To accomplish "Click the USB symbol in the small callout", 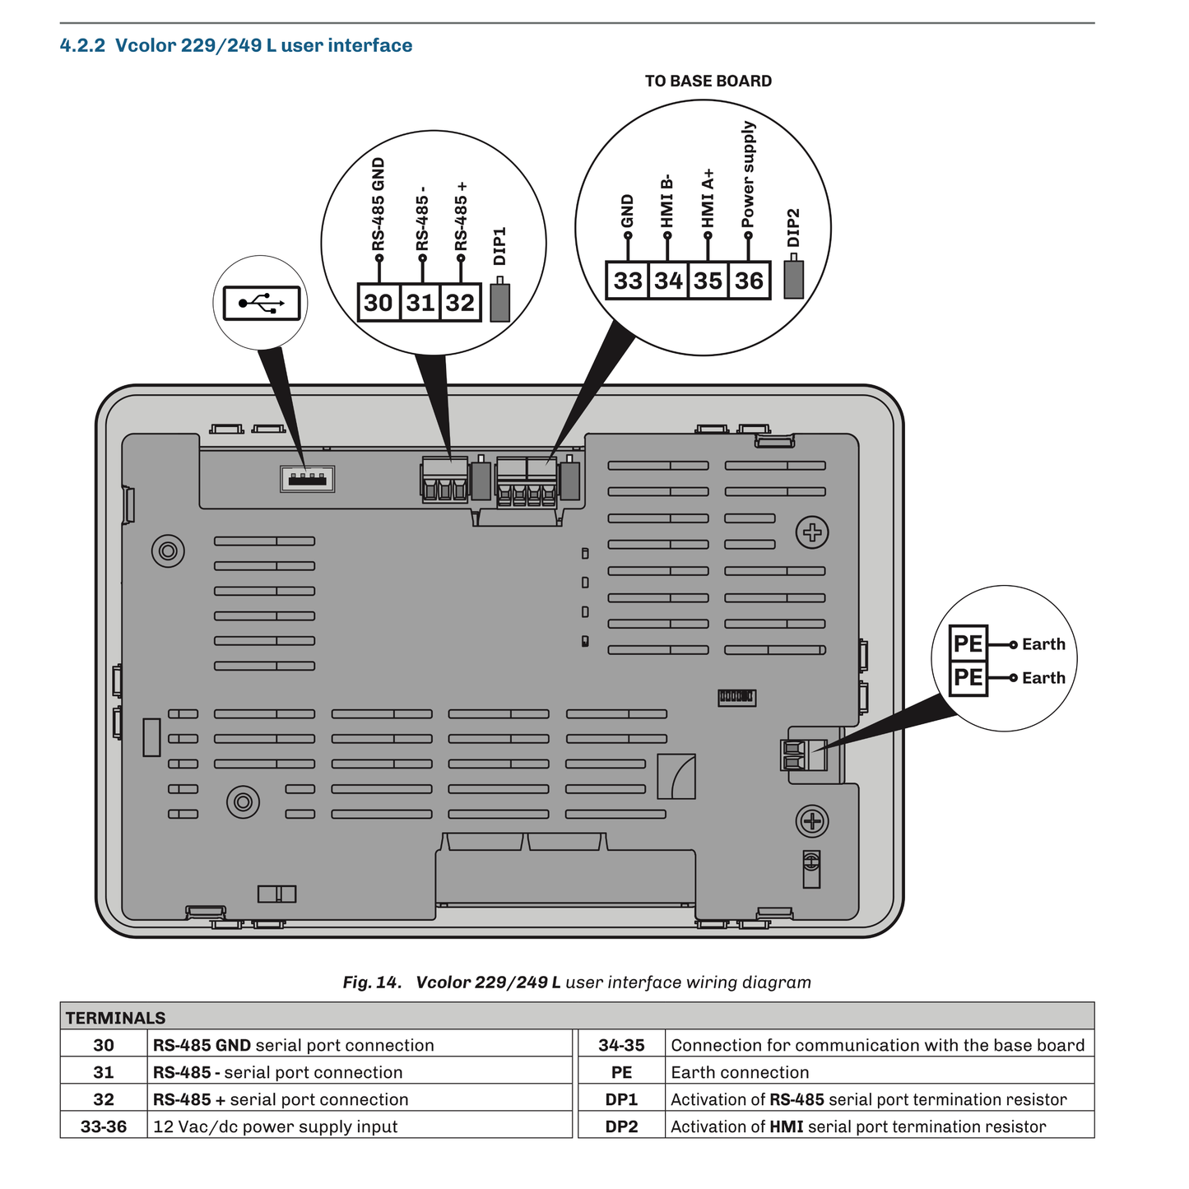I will (262, 304).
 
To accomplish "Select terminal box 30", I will (379, 303).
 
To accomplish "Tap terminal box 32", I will (461, 303).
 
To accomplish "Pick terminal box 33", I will (628, 281).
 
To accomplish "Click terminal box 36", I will (749, 281).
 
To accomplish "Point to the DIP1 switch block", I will (499, 302).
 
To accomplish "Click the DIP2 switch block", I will (793, 280).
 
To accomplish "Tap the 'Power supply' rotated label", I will (748, 175).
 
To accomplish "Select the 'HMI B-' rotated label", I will (667, 201).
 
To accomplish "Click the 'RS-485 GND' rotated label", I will (379, 205).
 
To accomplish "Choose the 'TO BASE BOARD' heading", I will (708, 81).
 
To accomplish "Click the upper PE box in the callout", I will (968, 643).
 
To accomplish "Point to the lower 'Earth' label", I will (1043, 678).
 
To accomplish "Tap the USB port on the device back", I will (308, 479).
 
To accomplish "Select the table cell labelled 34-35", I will (622, 1045).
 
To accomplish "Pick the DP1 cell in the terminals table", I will (622, 1099).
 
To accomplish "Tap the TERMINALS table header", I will (116, 1018).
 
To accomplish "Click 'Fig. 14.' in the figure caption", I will (372, 982).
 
